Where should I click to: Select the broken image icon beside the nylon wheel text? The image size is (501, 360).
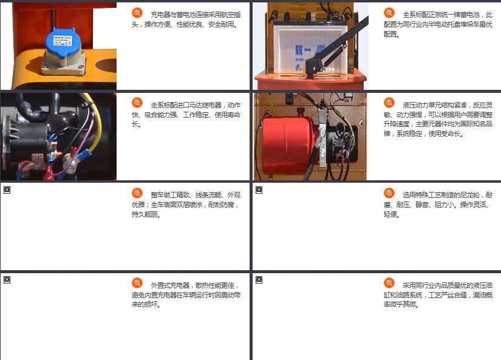click(x=259, y=190)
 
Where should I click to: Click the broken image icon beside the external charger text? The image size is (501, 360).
click(x=7, y=280)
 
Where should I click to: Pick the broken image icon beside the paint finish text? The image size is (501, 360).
click(x=7, y=190)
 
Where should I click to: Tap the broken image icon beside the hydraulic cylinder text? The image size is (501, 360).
click(x=259, y=280)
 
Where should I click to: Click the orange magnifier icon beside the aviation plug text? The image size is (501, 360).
click(x=137, y=13)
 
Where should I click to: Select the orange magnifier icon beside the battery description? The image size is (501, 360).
click(x=389, y=13)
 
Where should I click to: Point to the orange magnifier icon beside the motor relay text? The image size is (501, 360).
click(x=137, y=103)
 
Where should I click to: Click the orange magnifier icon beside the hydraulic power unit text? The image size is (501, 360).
click(x=389, y=103)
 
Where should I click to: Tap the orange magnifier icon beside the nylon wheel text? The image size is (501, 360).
click(x=389, y=193)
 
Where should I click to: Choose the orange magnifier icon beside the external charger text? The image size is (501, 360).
click(x=137, y=283)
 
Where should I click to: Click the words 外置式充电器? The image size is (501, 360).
click(x=170, y=285)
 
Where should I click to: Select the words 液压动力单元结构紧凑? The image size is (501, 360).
click(x=435, y=105)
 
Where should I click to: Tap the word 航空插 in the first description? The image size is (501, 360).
click(x=231, y=15)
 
